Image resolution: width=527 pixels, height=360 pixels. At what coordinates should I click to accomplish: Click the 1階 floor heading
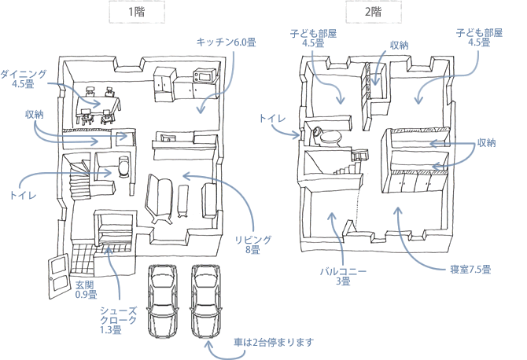tap(138, 13)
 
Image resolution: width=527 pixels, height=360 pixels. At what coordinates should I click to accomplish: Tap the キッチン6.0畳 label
tap(227, 42)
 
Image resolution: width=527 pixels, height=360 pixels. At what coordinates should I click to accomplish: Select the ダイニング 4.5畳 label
tap(23, 79)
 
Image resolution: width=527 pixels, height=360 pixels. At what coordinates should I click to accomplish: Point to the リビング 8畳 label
tap(252, 244)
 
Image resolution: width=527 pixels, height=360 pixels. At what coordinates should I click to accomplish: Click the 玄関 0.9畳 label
tap(86, 290)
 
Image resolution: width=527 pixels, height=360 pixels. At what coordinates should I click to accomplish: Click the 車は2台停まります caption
tap(274, 343)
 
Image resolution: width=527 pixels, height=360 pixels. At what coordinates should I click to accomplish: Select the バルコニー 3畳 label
tap(342, 276)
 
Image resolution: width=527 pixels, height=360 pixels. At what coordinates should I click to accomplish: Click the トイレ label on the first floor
tap(20, 193)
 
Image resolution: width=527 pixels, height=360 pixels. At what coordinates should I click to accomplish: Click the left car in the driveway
tap(162, 302)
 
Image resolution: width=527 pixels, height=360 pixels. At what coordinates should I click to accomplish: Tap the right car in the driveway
tap(205, 302)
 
